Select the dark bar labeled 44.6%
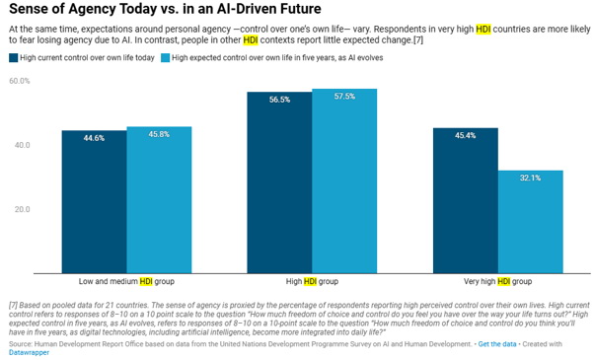point(95,202)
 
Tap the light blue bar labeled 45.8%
point(159,200)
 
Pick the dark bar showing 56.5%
point(279,182)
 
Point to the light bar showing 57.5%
point(344,180)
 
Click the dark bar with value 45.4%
point(466,200)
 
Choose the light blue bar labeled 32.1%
point(531,222)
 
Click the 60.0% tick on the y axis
point(20,81)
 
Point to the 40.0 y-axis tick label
point(23,145)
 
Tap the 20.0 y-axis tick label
point(23,209)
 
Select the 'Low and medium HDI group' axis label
point(126,282)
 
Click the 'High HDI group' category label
point(312,282)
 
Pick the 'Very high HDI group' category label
point(497,282)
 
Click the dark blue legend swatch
point(13,58)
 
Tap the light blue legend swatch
point(165,58)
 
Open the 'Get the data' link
point(497,344)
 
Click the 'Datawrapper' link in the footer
point(30,352)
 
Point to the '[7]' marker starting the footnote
point(13,305)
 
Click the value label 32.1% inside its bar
point(531,178)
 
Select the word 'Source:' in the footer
point(21,344)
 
